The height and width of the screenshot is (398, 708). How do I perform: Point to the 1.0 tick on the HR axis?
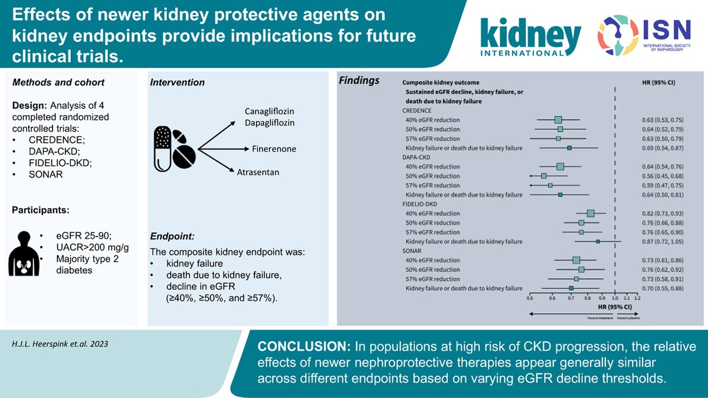[615, 300]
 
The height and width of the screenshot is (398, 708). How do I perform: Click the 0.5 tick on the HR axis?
[531, 300]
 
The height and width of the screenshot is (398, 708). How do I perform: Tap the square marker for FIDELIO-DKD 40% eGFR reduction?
[591, 213]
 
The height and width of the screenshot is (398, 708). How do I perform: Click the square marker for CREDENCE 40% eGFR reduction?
[558, 120]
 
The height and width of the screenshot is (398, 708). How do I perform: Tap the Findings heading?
[359, 81]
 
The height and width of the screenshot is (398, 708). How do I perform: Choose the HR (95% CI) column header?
[658, 83]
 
